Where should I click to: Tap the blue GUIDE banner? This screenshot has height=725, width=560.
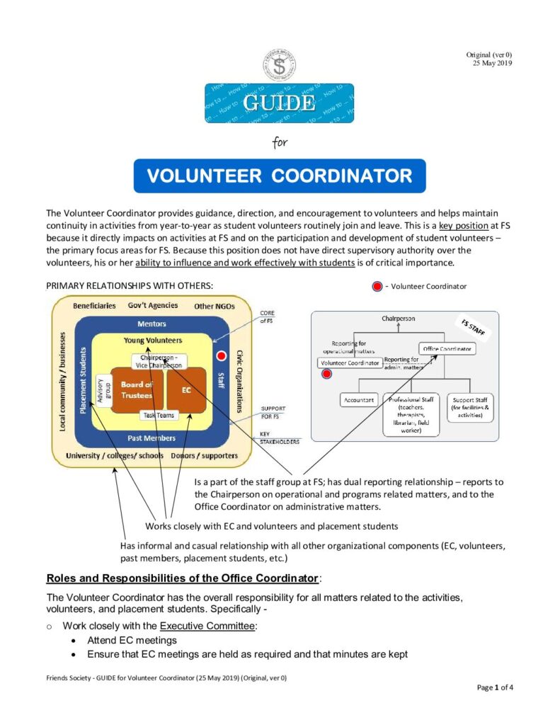279,103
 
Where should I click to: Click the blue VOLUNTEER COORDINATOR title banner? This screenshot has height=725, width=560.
280,176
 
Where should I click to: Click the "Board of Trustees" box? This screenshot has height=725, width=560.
137,390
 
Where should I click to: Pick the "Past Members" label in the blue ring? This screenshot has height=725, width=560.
152,438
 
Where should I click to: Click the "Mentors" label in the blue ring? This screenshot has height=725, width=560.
152,324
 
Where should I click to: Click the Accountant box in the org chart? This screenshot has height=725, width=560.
359,399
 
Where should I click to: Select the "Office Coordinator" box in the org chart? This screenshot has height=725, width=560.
447,349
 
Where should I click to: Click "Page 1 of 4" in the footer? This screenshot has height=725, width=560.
494,687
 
